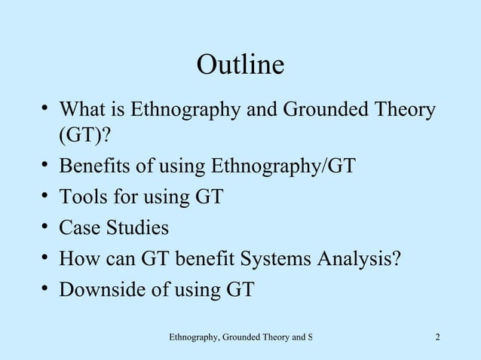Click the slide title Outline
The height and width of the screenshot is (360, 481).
coord(240,66)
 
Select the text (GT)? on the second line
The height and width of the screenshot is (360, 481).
coord(85,137)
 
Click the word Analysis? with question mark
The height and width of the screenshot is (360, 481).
coord(362,258)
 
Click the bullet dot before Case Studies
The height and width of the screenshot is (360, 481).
coord(45,227)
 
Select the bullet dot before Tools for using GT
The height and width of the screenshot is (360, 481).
coord(45,197)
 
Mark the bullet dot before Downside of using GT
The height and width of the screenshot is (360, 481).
coord(45,288)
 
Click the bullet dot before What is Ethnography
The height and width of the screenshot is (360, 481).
coord(45,111)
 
